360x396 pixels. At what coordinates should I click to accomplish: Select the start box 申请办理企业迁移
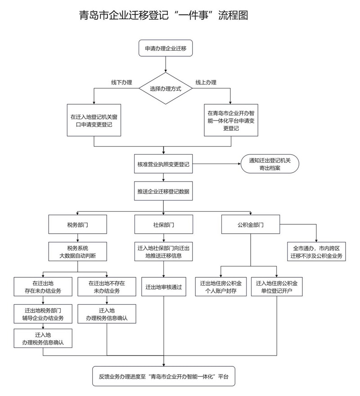(166, 48)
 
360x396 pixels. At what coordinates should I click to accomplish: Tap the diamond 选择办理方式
(166, 89)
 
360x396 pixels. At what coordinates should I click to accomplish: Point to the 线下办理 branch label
(122, 82)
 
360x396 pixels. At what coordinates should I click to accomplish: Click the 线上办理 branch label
(206, 82)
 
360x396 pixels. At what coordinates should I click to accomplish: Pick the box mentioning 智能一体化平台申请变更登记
(230, 120)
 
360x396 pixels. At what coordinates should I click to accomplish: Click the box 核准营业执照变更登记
(163, 165)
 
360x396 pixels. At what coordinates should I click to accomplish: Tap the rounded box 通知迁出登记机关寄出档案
(270, 165)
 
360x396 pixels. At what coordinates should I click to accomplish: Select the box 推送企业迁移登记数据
(163, 191)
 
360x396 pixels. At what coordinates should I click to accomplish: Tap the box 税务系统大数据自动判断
(77, 252)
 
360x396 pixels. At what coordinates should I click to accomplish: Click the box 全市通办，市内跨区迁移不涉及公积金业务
(317, 252)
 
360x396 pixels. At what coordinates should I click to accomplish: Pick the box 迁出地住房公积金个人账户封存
(221, 287)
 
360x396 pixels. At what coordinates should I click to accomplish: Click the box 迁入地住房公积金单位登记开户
(277, 287)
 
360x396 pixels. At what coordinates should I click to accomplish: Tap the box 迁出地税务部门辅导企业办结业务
(44, 314)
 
